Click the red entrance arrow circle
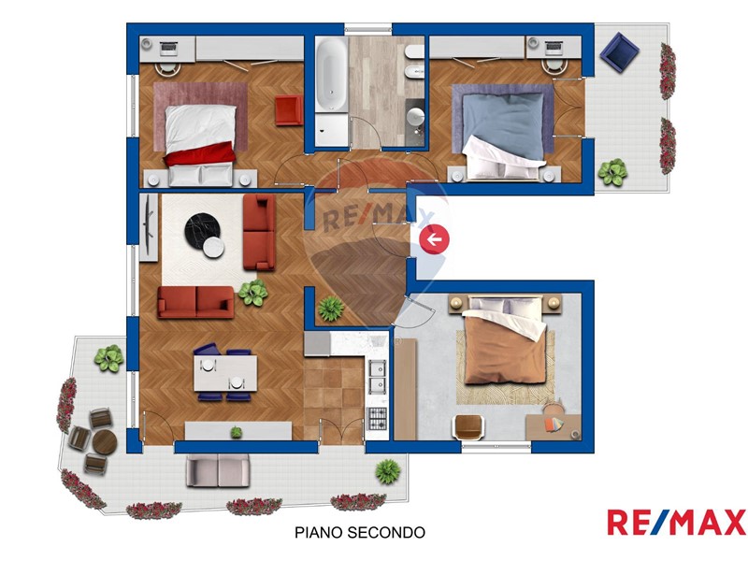click(x=434, y=239)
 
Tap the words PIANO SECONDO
click(x=360, y=532)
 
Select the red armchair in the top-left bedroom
click(x=289, y=110)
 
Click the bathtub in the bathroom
click(x=333, y=76)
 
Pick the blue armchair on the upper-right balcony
click(x=619, y=52)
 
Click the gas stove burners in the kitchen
click(x=377, y=418)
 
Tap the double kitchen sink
click(x=377, y=376)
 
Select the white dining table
click(x=225, y=373)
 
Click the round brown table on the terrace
click(x=105, y=442)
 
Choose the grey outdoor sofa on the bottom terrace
click(x=218, y=470)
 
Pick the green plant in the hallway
click(x=331, y=309)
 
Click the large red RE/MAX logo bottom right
click(x=676, y=523)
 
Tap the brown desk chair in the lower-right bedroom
click(x=468, y=426)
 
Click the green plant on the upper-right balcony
click(x=612, y=172)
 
